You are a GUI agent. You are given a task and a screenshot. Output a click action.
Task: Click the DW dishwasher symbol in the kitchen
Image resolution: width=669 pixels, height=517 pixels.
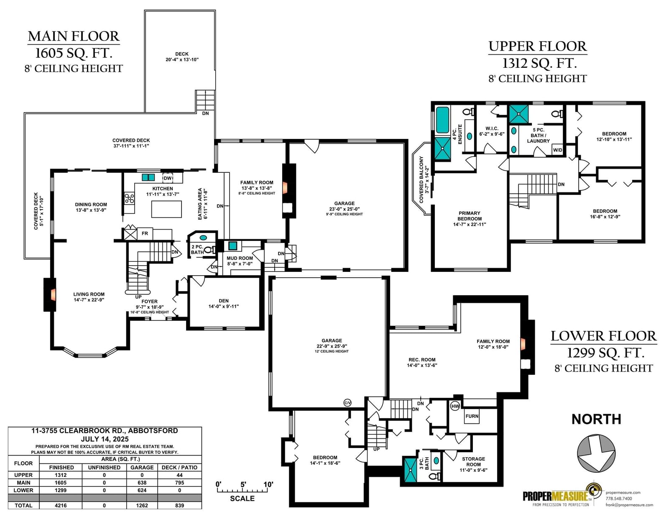(168, 178)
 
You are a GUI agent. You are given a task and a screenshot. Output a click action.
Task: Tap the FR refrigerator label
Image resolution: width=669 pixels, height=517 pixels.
(145, 233)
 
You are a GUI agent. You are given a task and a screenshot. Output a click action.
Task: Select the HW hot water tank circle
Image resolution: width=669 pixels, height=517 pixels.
(455, 406)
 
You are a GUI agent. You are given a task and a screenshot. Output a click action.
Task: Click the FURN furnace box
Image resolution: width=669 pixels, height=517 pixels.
(472, 416)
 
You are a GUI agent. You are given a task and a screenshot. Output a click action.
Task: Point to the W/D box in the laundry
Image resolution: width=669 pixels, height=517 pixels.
(557, 150)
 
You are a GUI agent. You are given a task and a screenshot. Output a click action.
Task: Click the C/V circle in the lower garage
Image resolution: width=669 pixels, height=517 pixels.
(347, 402)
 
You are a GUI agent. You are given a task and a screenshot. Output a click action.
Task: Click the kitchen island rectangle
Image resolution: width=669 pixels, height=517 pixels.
(166, 209)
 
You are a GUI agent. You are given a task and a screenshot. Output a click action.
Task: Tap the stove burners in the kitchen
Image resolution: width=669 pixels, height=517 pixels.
(129, 198)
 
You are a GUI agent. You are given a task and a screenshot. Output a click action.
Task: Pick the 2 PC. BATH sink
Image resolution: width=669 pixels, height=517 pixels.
(204, 238)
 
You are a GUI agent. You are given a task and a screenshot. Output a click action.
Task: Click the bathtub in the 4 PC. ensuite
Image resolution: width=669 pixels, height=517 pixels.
(442, 120)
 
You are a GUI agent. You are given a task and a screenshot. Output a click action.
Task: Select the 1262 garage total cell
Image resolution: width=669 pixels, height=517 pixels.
(142, 505)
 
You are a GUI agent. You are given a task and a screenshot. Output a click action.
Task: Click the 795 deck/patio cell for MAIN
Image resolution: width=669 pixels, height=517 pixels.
(179, 483)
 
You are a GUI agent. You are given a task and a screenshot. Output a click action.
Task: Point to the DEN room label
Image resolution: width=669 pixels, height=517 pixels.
(224, 301)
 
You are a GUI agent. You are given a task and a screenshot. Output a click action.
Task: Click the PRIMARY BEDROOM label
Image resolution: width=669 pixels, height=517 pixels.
(470, 216)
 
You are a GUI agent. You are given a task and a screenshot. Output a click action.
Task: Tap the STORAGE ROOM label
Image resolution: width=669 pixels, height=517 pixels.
(473, 461)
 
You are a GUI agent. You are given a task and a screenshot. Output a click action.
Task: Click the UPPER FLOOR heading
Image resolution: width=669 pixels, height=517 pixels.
(538, 46)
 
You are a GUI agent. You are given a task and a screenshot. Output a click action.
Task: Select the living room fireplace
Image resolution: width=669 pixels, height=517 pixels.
(50, 294)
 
